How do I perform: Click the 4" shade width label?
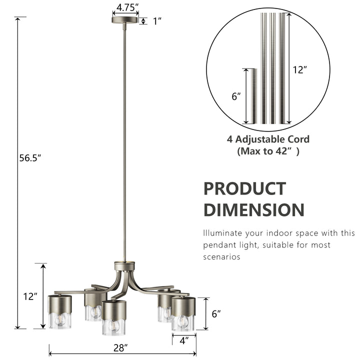183,341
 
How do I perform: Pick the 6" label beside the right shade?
216,314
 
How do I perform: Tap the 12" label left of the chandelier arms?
30,296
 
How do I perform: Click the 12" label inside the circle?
299,70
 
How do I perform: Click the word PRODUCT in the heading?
244,189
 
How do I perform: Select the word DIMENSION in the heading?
253,210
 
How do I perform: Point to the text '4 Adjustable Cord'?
268,139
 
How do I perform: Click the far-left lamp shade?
60,311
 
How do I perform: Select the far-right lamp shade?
183,313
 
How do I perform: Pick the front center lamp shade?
113,317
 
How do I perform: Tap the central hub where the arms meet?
124,266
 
